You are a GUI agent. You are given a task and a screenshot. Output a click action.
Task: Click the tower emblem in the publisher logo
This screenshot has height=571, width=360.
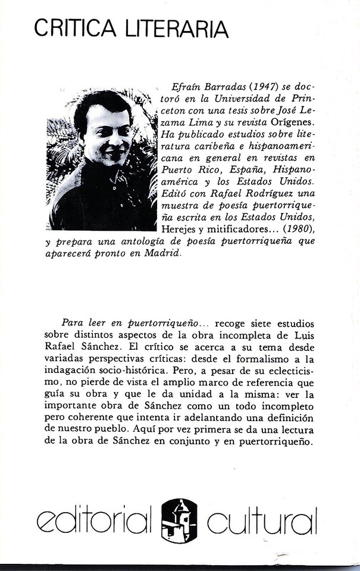click(180, 520)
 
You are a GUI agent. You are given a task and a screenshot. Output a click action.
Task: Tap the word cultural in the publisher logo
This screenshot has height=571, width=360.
click(262, 522)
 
